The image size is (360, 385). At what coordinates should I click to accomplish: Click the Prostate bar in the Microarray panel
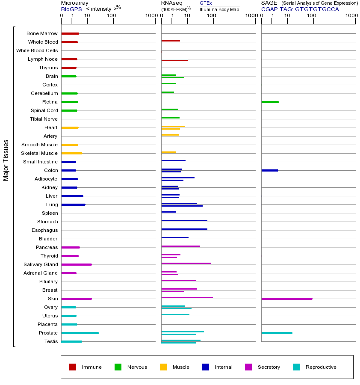tap(80, 333)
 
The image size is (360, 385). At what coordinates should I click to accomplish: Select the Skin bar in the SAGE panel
tap(286, 299)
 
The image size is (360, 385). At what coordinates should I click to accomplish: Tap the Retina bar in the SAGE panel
tap(270, 102)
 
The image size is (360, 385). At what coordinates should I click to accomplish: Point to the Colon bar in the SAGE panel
tap(269, 170)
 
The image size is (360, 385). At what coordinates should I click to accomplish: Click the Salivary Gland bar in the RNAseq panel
tap(186, 263)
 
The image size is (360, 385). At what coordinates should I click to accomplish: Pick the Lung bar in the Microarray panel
tap(73, 204)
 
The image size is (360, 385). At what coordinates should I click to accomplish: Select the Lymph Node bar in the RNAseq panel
tap(174, 60)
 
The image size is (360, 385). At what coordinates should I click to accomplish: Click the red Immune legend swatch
tap(73, 367)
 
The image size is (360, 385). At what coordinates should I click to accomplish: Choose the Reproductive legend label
tap(321, 367)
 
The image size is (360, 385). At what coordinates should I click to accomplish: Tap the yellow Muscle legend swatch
tap(163, 367)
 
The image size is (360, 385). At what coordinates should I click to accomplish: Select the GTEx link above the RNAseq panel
tap(206, 3)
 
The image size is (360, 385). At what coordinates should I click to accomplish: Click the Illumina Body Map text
tap(219, 9)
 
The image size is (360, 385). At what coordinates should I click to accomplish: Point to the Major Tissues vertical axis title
tap(6, 160)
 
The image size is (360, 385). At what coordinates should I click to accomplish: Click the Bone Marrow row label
tap(42, 33)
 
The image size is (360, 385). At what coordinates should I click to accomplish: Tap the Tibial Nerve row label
tap(44, 119)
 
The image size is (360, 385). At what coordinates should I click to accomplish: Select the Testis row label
tap(51, 341)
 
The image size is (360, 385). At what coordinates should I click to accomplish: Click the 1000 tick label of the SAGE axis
tap(351, 16)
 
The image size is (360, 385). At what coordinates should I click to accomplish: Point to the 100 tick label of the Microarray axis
tap(111, 16)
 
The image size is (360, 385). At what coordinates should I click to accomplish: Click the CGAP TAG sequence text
tap(300, 9)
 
